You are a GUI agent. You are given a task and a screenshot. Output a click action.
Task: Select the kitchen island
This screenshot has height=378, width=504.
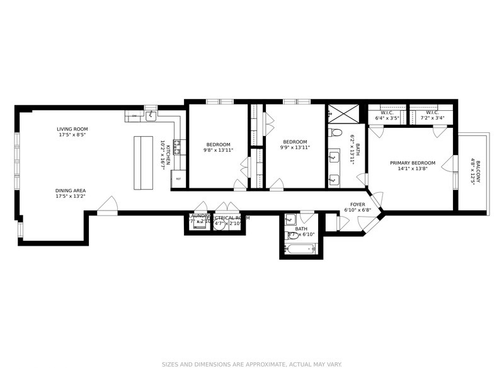pyautogui.click(x=144, y=162)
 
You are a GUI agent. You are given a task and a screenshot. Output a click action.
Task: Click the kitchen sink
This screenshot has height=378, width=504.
pyautogui.click(x=151, y=116)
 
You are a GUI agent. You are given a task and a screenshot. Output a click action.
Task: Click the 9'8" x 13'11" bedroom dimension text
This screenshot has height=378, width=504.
pyautogui.click(x=218, y=150)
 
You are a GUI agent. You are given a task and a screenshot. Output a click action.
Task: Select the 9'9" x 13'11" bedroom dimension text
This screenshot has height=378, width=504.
pyautogui.click(x=295, y=147)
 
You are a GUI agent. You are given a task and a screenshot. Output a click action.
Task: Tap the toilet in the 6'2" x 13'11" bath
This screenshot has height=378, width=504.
pyautogui.click(x=335, y=133)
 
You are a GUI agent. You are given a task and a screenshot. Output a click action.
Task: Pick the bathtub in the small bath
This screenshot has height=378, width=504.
pyautogui.click(x=301, y=249)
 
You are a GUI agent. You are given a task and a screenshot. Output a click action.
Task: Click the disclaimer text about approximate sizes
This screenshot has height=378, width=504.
pyautogui.click(x=252, y=364)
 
